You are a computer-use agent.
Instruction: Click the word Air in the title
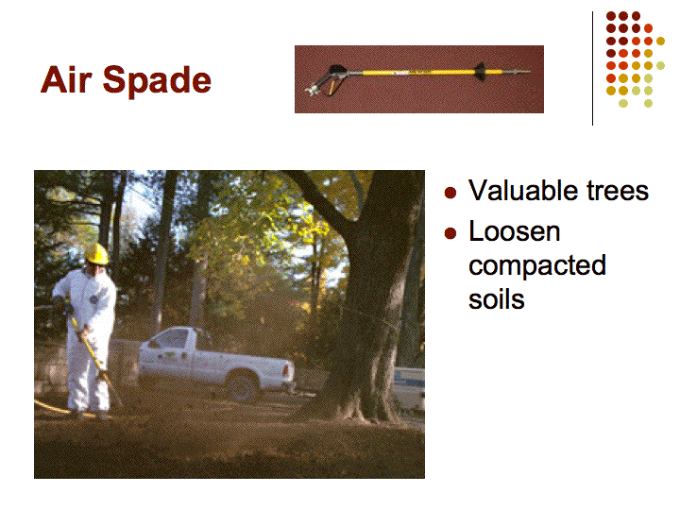[66, 79]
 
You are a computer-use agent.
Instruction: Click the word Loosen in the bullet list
[515, 231]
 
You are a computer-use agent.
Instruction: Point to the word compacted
[537, 265]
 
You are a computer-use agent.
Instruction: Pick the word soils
[497, 299]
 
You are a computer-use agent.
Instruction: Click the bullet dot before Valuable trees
[450, 192]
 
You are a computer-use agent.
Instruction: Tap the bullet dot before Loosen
[450, 233]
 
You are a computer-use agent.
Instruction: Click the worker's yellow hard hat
[96, 254]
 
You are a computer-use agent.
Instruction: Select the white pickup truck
[215, 362]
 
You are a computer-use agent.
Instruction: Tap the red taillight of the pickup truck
[287, 369]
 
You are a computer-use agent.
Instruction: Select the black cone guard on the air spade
[480, 72]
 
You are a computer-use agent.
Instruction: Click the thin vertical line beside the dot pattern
[592, 69]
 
